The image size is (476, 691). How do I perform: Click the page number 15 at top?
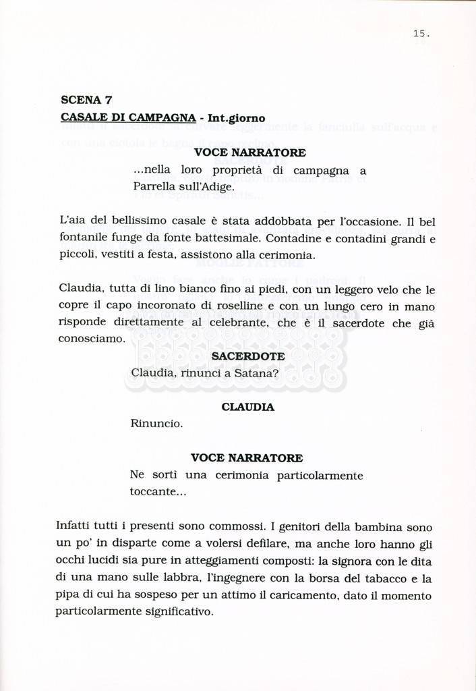421,33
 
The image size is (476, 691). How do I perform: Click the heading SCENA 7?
86,100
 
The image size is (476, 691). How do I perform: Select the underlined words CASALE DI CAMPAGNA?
128,117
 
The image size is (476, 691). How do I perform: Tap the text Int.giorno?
237,117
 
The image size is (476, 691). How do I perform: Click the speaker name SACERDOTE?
247,356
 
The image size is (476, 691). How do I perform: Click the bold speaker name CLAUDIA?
247,408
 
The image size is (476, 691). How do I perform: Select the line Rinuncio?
156,424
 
